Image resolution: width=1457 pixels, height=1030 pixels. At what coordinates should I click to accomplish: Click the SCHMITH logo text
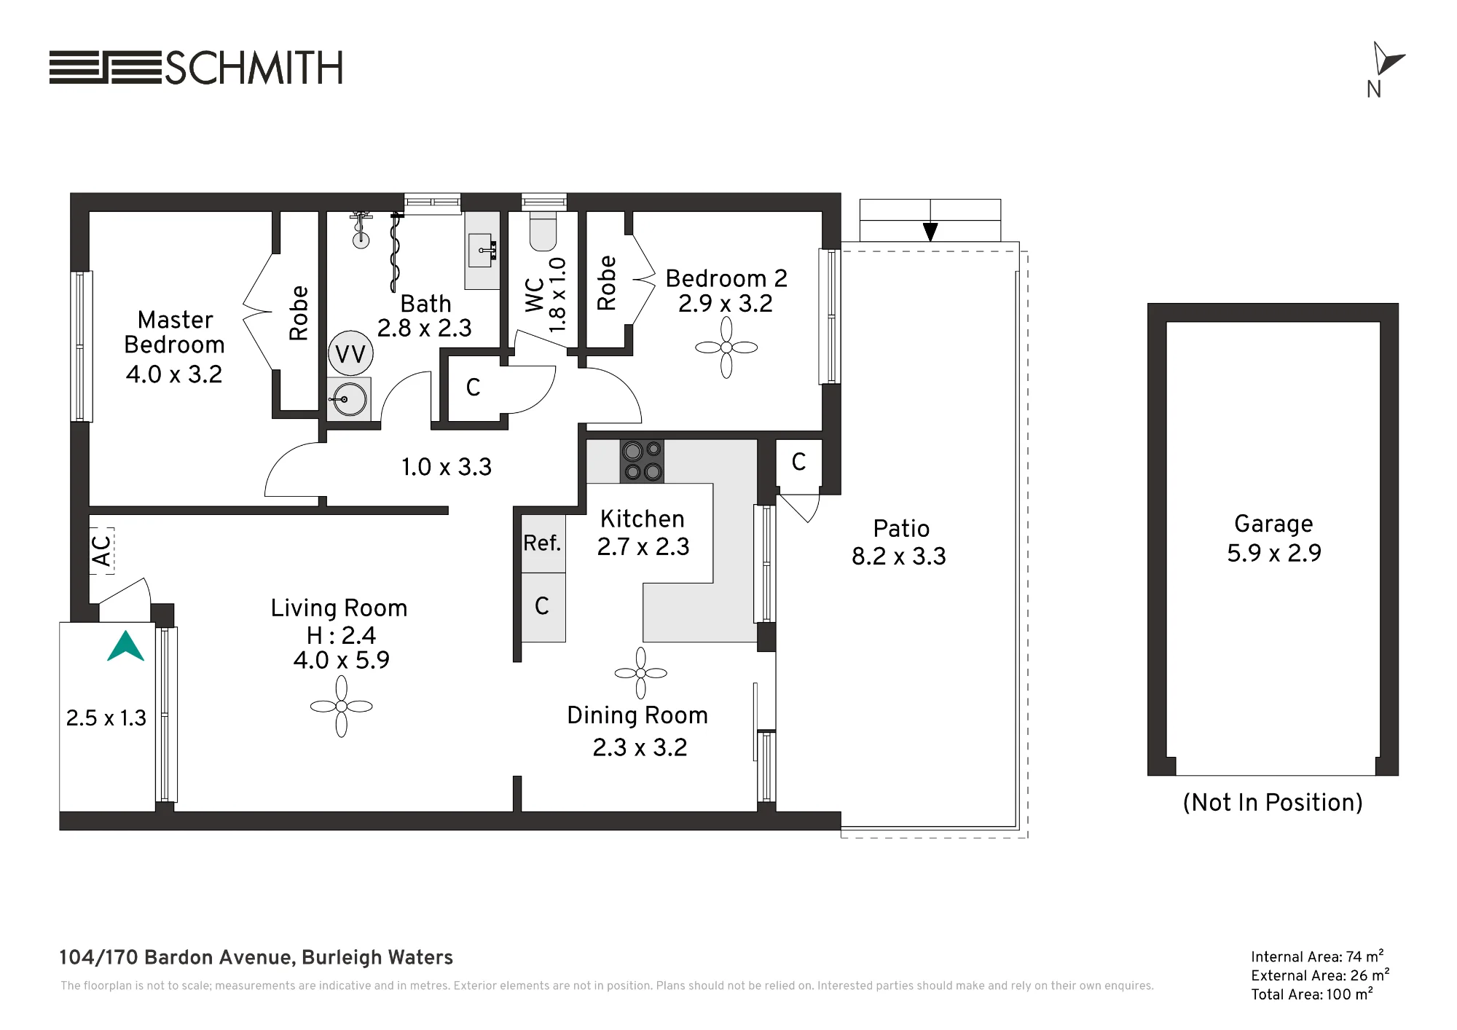[x=254, y=68]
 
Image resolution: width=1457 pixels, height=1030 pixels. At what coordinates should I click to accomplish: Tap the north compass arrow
[x=1386, y=58]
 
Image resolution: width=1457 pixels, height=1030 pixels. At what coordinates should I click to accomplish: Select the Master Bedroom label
[x=175, y=332]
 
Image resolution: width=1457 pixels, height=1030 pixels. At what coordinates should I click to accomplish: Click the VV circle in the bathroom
[x=350, y=354]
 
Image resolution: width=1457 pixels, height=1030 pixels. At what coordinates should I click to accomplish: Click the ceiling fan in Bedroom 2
[x=726, y=347]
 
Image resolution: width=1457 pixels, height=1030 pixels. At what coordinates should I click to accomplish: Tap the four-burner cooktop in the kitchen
[x=642, y=461]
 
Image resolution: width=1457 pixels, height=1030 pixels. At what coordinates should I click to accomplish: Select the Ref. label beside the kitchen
[x=542, y=543]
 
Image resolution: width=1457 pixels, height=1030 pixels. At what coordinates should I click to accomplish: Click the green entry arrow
[x=126, y=645]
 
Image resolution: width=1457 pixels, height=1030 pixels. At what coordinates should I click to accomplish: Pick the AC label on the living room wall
[x=102, y=551]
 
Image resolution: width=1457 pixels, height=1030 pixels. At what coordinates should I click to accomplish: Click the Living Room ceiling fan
[x=342, y=706]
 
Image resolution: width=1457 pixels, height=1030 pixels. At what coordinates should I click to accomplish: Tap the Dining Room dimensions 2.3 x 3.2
[x=640, y=747]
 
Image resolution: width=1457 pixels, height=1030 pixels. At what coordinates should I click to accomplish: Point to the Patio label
[x=901, y=529]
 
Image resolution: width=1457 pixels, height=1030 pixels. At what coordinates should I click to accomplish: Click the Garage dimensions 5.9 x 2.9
[x=1273, y=553]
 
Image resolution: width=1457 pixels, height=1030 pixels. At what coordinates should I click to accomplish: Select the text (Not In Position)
[x=1273, y=803]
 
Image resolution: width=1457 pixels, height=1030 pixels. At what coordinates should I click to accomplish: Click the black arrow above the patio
[x=930, y=232]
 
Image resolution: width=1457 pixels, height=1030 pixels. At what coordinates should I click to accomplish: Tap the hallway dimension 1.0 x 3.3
[x=447, y=467]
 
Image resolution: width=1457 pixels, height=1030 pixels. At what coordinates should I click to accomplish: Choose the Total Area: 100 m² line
[x=1312, y=994]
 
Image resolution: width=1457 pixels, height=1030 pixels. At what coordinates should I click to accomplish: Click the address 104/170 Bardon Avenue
[x=177, y=957]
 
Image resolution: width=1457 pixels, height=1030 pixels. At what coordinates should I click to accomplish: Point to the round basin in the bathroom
[x=350, y=399]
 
